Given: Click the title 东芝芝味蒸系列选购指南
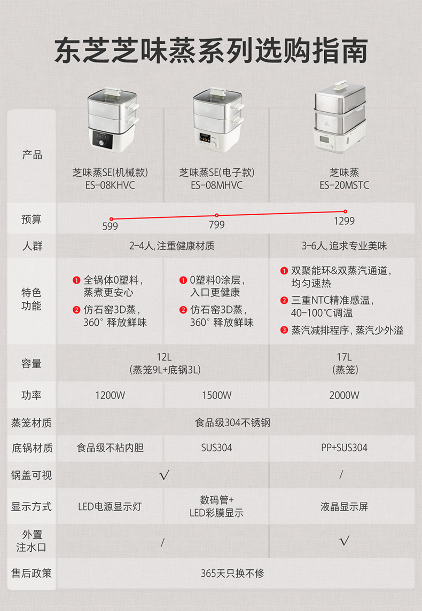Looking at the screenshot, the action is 211,51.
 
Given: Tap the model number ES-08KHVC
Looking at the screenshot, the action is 110,185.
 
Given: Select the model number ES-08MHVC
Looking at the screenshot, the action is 217,185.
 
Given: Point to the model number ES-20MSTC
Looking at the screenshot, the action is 344,185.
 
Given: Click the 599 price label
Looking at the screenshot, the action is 110,226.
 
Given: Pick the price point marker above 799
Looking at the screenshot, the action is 217,215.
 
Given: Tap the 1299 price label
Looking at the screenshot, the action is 344,221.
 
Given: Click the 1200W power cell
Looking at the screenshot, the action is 110,396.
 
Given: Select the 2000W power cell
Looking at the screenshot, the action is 344,396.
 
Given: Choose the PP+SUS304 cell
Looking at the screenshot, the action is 344,448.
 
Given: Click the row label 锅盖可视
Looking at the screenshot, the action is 31,475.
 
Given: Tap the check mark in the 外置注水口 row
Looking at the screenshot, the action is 345,541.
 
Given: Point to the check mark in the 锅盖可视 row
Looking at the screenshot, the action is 165,475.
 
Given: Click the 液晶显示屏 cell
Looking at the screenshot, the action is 344,506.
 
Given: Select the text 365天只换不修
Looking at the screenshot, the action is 232,573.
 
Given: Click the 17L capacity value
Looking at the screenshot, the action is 344,357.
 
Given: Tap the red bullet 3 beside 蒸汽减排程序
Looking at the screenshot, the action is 284,331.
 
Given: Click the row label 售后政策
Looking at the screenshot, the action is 31,573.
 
